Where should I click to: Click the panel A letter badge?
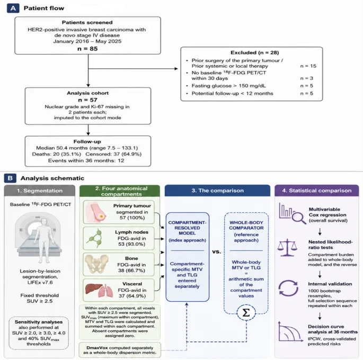tap(13, 8)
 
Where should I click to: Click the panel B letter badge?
tap(10, 178)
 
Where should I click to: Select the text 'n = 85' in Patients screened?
tap(87, 49)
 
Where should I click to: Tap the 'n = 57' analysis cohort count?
tap(87, 100)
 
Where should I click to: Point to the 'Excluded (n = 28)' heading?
tap(255, 52)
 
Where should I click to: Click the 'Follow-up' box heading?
tap(87, 141)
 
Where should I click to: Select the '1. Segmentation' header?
tap(40, 191)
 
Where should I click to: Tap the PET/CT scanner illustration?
tap(39, 238)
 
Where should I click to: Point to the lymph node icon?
tap(94, 238)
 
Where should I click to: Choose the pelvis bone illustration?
tap(96, 264)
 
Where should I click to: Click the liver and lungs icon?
tap(99, 291)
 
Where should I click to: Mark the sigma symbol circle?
tap(246, 313)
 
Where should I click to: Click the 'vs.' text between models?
tap(216, 251)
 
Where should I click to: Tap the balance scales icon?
tap(287, 247)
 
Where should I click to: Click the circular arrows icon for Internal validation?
tap(288, 288)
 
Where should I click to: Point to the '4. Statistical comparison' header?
tap(317, 191)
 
